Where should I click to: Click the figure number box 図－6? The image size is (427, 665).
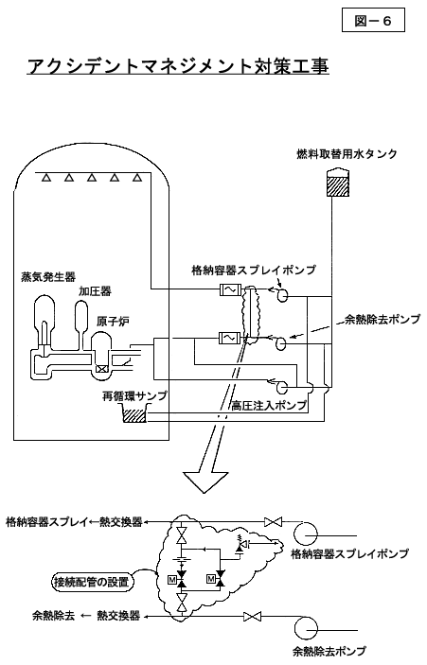(373, 21)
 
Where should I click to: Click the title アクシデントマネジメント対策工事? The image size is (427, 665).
(178, 66)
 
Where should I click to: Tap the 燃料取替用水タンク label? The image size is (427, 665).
(347, 153)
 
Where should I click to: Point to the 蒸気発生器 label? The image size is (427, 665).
(48, 277)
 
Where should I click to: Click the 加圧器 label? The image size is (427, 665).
(95, 291)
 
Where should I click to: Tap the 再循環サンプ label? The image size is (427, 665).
(134, 395)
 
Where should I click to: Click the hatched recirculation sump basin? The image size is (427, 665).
(134, 414)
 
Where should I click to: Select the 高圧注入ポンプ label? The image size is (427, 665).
(269, 406)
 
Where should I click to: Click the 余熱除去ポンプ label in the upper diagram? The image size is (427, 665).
(382, 319)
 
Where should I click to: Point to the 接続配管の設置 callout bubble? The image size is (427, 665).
(91, 582)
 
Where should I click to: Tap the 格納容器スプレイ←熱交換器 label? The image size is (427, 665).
(74, 521)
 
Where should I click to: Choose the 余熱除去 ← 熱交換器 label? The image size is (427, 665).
(86, 616)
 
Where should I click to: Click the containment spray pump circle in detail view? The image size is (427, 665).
(305, 533)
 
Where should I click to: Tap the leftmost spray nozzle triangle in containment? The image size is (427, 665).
(46, 178)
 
